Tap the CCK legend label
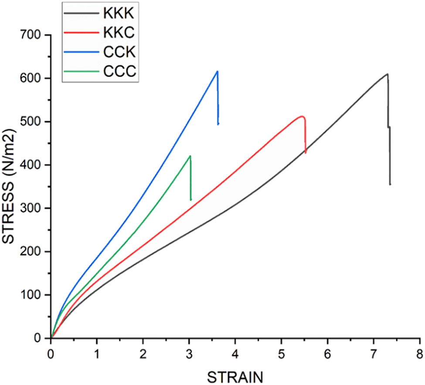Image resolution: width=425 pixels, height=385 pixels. pyautogui.click(x=119, y=53)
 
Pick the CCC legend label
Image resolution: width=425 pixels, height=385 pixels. pyautogui.click(x=119, y=73)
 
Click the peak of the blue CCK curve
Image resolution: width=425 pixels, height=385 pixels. pyautogui.click(x=217, y=71)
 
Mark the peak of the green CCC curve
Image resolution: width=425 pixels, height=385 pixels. pyautogui.click(x=190, y=156)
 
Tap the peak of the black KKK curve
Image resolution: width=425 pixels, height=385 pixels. pyautogui.click(x=387, y=74)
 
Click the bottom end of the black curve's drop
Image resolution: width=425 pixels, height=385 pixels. pyautogui.click(x=390, y=184)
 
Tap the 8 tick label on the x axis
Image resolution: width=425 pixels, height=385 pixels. pyautogui.click(x=419, y=352)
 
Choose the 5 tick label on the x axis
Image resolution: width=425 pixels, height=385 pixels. pyautogui.click(x=281, y=352)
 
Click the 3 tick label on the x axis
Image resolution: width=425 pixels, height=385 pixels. pyautogui.click(x=189, y=352)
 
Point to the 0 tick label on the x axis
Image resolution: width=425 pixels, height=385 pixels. pyautogui.click(x=51, y=352)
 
